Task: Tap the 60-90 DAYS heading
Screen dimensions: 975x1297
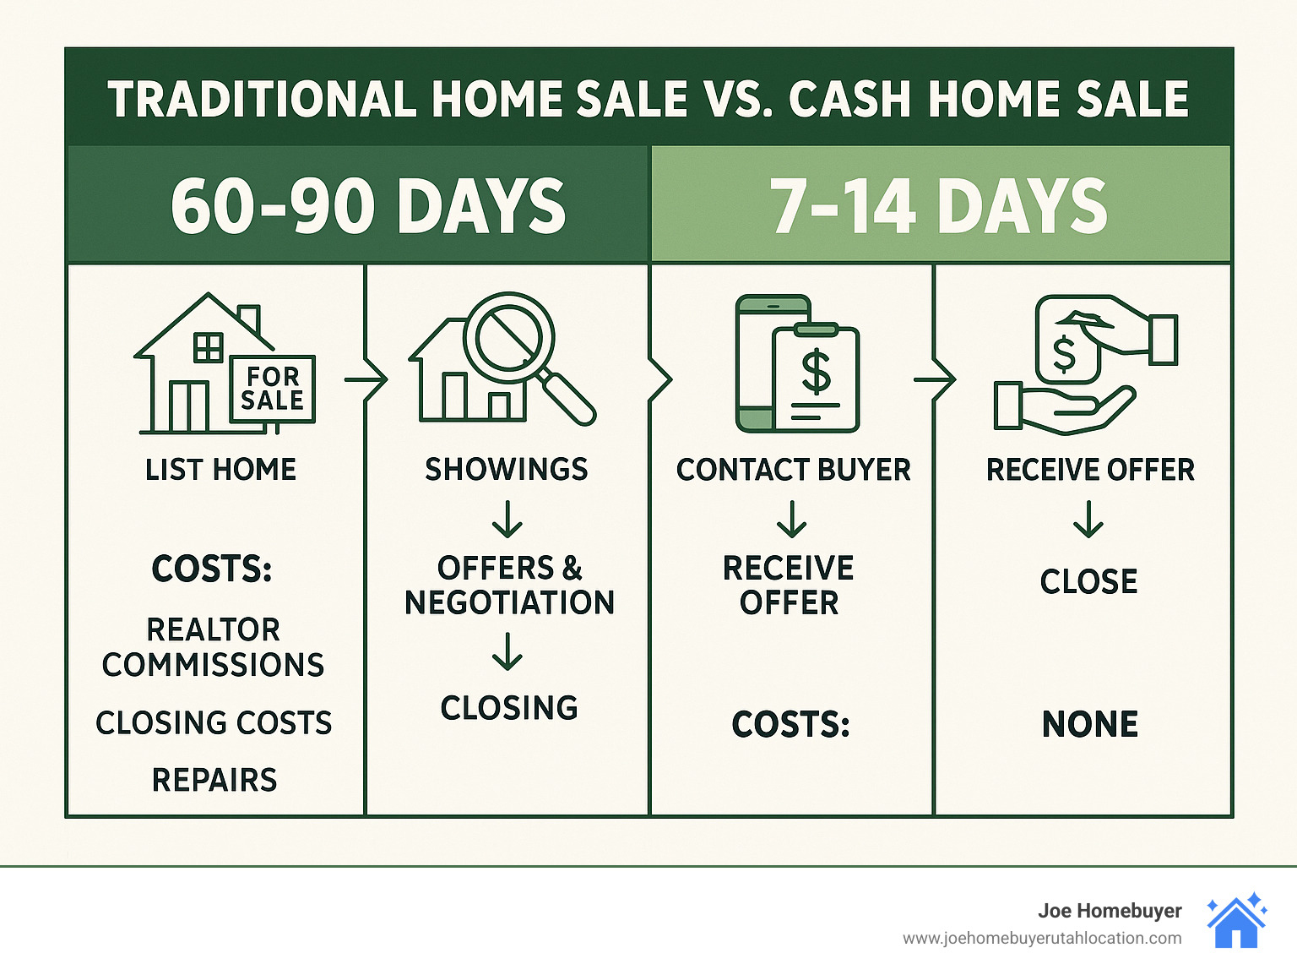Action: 368,205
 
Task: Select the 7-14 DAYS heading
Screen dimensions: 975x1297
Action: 938,205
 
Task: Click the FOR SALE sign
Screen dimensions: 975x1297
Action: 273,389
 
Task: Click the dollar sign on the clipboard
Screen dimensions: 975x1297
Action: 816,373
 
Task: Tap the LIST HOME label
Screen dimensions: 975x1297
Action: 220,470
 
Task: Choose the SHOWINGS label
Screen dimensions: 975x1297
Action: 507,470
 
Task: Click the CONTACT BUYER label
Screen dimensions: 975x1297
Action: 793,470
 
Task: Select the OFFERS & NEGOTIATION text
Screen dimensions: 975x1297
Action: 509,585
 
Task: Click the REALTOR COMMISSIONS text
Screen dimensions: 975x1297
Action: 213,647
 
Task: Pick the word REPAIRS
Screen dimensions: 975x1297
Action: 214,780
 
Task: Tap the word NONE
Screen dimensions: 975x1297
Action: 1090,724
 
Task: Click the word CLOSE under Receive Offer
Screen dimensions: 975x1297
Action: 1088,581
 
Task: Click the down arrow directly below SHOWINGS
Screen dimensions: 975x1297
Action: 507,519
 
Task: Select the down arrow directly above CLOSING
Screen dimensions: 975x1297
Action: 507,651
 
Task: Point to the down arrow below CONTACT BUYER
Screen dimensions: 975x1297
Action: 791,519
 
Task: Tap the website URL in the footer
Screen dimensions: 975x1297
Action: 1042,938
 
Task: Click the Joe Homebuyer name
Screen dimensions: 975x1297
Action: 1110,911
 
